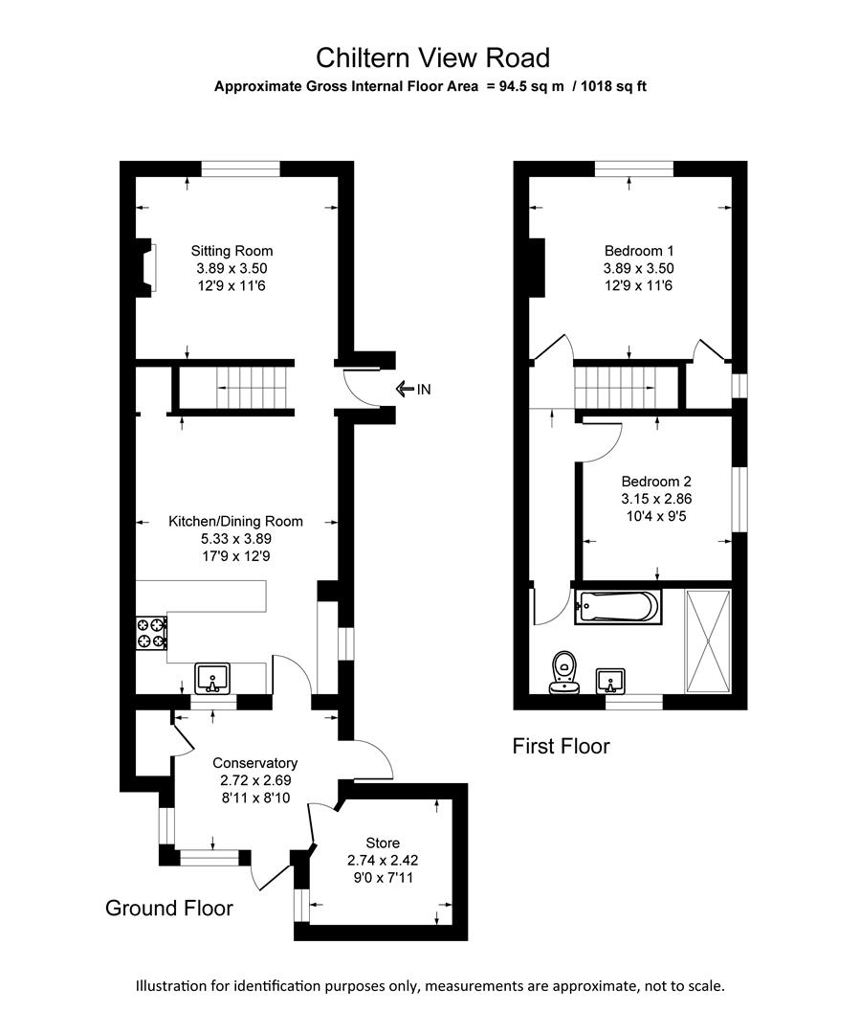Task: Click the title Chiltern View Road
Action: [432, 58]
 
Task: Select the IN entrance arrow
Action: [413, 388]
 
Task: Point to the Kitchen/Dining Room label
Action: [235, 522]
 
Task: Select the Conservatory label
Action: [254, 763]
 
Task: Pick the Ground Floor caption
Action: [168, 908]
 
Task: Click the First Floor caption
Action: [561, 745]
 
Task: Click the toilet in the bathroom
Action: [562, 671]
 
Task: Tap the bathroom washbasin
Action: [610, 681]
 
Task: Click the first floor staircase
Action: [616, 387]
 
